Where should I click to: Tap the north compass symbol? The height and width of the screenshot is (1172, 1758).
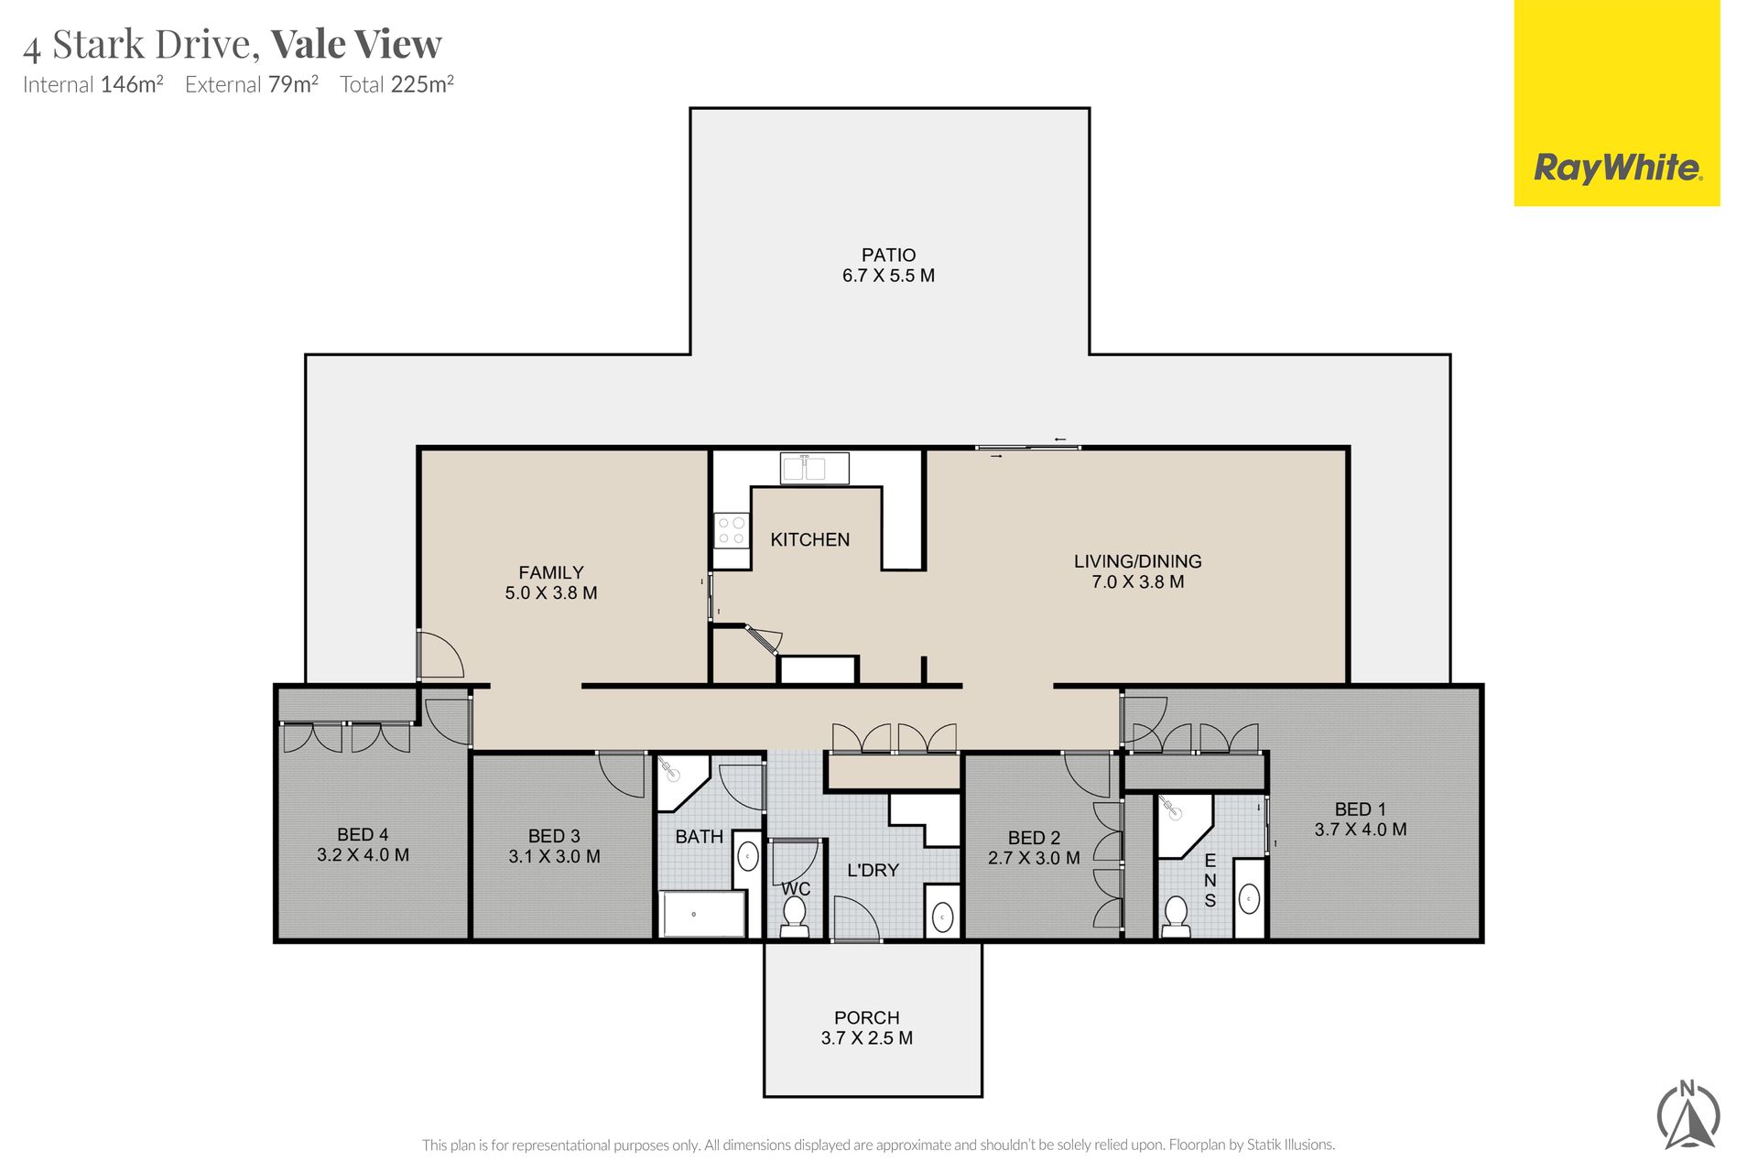[x=1688, y=1115]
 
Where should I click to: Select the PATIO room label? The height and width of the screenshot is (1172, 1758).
[x=888, y=255]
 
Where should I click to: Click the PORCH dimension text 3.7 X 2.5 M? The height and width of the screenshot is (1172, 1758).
[x=867, y=1038]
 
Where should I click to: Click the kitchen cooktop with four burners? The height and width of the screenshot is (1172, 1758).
[x=731, y=530]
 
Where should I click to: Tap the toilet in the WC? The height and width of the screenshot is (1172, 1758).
[x=794, y=917]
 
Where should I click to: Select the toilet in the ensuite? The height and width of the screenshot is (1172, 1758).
[x=1176, y=917]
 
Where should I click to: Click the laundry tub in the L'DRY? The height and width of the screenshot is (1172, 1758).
[x=942, y=911]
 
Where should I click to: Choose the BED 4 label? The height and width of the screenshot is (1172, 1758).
[x=363, y=835]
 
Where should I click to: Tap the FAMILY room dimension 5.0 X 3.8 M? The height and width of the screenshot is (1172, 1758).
[x=551, y=593]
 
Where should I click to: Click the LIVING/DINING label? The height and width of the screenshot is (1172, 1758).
[x=1138, y=561]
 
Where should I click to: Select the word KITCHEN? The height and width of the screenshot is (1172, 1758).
[x=810, y=540]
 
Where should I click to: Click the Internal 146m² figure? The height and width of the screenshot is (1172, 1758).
[x=93, y=85]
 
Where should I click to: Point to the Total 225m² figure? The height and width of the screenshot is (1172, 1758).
[x=397, y=85]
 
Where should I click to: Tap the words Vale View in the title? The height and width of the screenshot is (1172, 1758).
[x=356, y=44]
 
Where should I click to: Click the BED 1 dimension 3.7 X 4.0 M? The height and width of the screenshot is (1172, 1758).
[x=1361, y=830]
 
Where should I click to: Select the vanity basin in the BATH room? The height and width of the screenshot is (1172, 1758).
[x=748, y=857]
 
